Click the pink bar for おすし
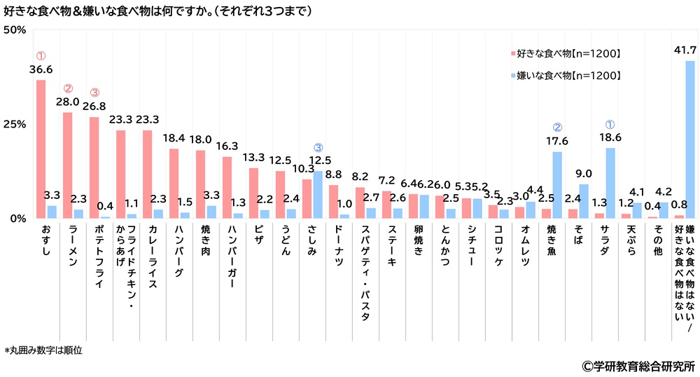[x=41, y=149]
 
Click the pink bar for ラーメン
[x=67, y=165]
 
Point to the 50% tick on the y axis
[x=15, y=30]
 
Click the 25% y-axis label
[x=15, y=124]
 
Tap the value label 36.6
[x=41, y=69]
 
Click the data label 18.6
[x=610, y=137]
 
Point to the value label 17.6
[x=558, y=140]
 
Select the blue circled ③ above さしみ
[x=318, y=148]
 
